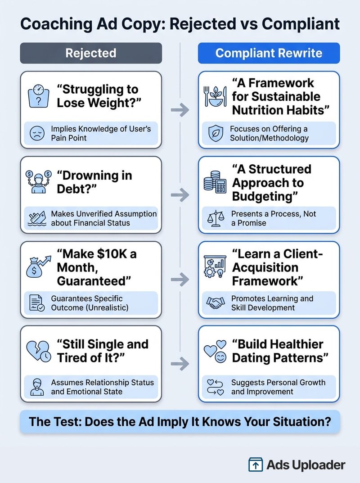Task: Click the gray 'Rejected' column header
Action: (91, 53)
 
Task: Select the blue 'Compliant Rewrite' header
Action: (269, 53)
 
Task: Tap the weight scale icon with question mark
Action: (39, 96)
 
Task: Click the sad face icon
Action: (37, 133)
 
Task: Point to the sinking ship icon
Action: (37, 218)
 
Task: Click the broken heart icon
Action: (39, 351)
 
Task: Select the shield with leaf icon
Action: (216, 133)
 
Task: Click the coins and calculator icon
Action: (215, 182)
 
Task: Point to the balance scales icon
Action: (216, 218)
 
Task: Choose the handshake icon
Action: (216, 303)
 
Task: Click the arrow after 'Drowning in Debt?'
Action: (180, 194)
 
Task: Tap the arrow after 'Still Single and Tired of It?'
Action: (180, 364)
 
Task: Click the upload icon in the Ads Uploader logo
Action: (256, 465)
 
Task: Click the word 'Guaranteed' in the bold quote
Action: (92, 281)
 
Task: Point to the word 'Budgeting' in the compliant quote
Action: (263, 196)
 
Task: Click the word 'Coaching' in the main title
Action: (57, 24)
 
